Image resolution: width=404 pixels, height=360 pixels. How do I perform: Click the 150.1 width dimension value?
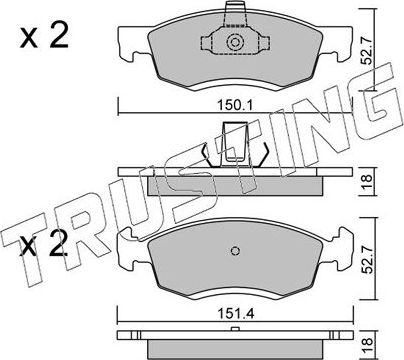(235, 106)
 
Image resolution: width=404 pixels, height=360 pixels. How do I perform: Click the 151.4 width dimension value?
(235, 314)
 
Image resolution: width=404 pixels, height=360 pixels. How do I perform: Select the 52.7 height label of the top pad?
(367, 51)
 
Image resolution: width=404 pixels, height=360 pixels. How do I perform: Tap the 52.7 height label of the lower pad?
(368, 260)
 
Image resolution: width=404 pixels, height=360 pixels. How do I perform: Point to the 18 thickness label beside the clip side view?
(367, 182)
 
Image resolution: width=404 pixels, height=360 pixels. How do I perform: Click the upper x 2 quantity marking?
(44, 36)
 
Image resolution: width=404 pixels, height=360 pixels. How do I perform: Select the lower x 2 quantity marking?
(44, 244)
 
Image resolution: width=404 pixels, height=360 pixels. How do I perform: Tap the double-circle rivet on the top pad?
(235, 42)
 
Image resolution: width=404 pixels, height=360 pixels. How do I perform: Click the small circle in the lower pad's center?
(235, 251)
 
